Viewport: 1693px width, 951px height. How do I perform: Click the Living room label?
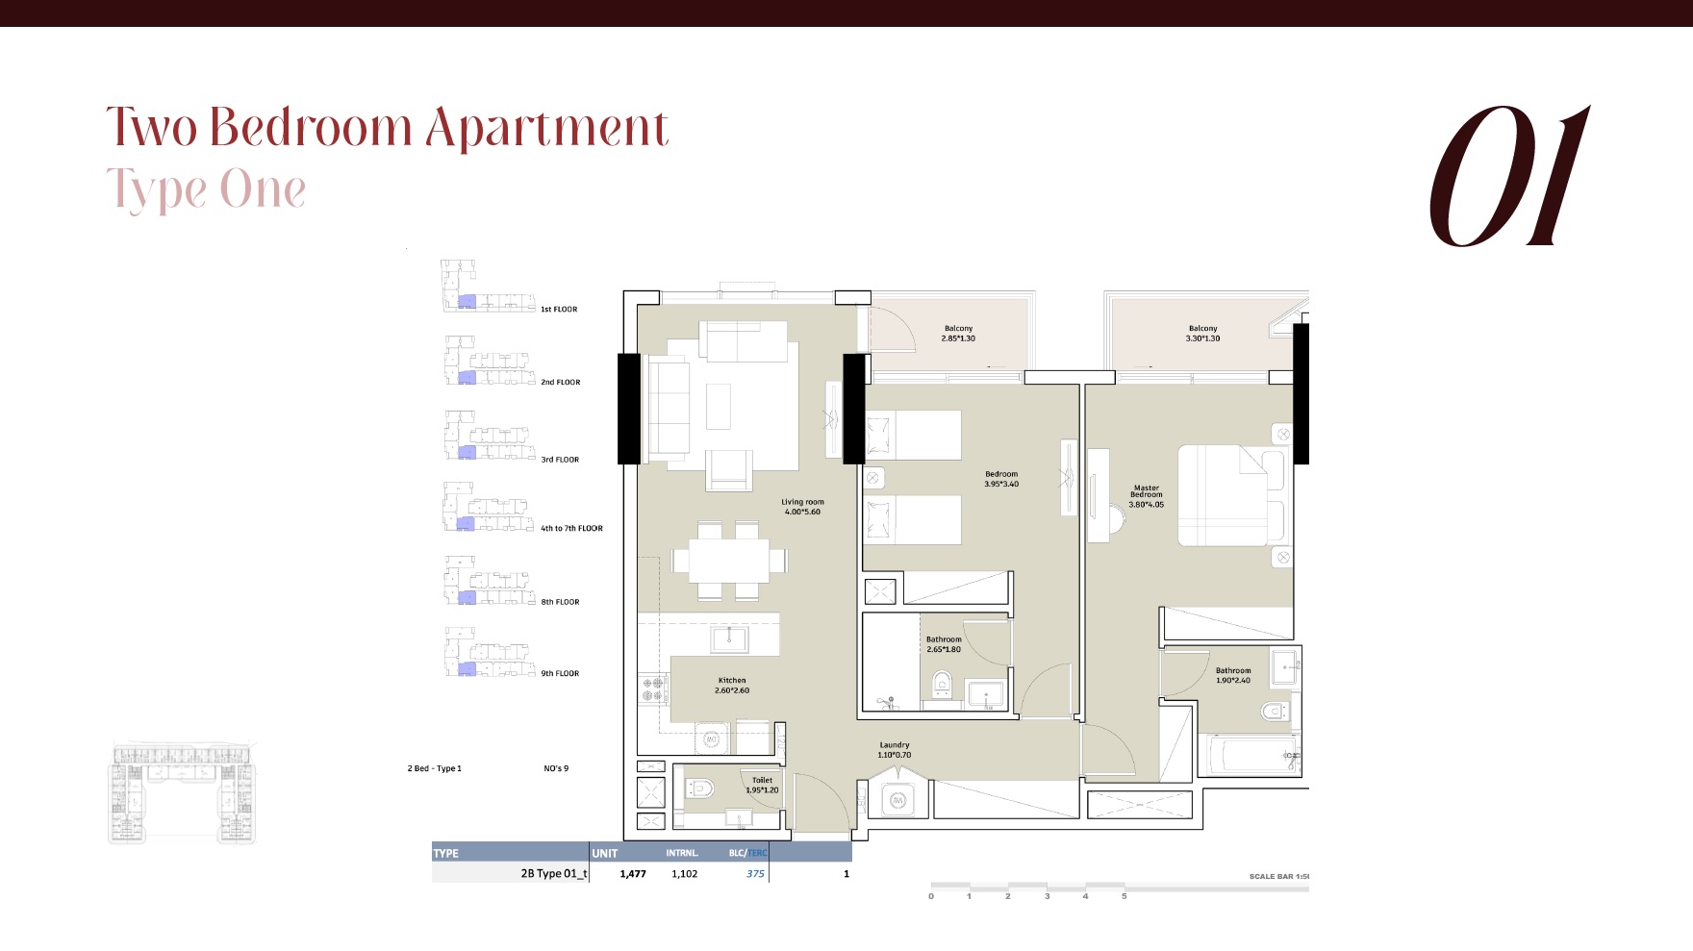[x=802, y=507]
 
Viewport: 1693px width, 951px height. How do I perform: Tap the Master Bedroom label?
[x=1146, y=496]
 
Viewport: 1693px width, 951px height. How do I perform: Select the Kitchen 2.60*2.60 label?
[x=731, y=686]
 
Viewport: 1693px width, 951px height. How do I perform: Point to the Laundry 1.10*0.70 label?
[x=894, y=750]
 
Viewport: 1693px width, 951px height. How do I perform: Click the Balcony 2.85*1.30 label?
[x=958, y=334]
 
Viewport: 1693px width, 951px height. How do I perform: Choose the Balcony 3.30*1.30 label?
[x=1202, y=334]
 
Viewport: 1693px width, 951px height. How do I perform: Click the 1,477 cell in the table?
[x=632, y=874]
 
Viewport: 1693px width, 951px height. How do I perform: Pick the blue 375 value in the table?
[x=755, y=874]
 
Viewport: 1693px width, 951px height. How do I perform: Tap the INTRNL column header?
[x=681, y=853]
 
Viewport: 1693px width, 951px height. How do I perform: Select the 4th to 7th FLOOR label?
[x=571, y=529]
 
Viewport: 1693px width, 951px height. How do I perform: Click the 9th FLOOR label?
[x=560, y=674]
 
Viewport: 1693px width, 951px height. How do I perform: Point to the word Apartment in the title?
[x=546, y=129]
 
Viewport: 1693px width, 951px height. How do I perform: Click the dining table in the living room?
[x=728, y=560]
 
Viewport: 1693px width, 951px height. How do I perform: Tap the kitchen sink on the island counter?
[x=729, y=638]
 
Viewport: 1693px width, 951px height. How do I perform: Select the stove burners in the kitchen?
[x=653, y=688]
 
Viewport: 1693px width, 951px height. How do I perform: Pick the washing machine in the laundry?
[x=897, y=800]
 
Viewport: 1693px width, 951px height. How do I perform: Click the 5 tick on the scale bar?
[x=1124, y=896]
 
